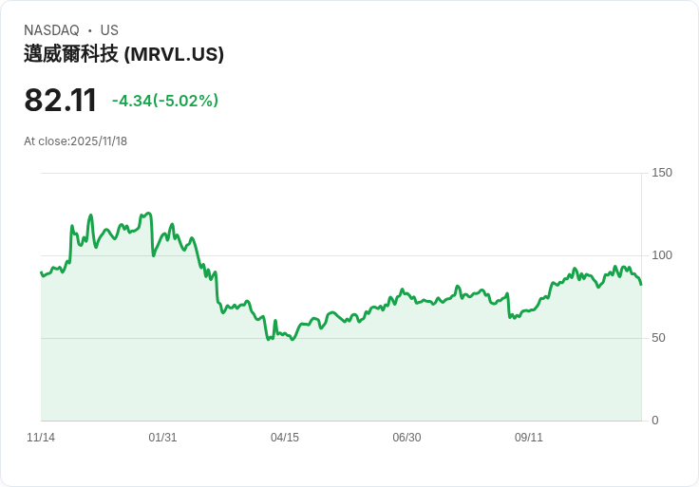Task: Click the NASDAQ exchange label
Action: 51,30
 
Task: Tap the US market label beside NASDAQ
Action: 109,30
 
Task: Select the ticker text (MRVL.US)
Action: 174,54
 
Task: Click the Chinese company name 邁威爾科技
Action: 71,54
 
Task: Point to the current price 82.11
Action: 61,101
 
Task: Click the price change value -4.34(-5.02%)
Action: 165,101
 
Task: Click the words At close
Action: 46,141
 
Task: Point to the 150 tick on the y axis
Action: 662,173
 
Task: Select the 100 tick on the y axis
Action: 662,255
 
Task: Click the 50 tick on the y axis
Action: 658,338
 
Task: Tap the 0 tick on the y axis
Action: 655,421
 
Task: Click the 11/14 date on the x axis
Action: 41,438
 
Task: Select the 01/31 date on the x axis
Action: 162,438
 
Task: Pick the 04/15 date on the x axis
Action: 285,438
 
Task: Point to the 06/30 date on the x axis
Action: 406,438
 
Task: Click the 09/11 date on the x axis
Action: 529,438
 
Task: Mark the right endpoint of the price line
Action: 641,284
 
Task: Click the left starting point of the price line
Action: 41,272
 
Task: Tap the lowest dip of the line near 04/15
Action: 293,339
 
